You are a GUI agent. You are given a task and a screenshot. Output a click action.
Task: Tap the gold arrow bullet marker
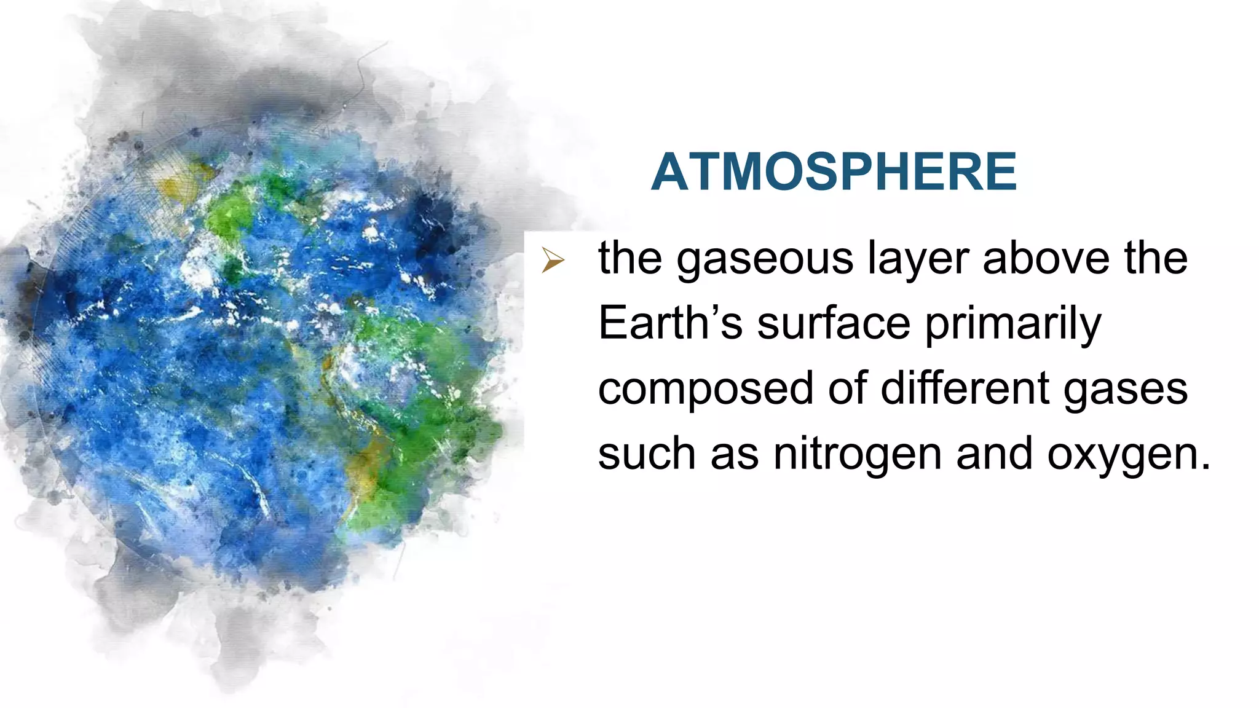[552, 261]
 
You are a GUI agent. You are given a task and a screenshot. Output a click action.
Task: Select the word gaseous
[764, 259]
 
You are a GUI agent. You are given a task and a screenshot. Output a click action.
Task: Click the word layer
[918, 259]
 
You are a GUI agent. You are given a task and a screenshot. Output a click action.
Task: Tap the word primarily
[1012, 324]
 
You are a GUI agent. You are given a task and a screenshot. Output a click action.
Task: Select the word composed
[705, 390]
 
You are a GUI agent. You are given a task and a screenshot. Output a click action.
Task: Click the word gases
[1125, 390]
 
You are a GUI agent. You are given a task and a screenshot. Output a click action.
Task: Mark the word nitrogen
[857, 455]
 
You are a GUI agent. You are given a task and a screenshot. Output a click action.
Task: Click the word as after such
[734, 455]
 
